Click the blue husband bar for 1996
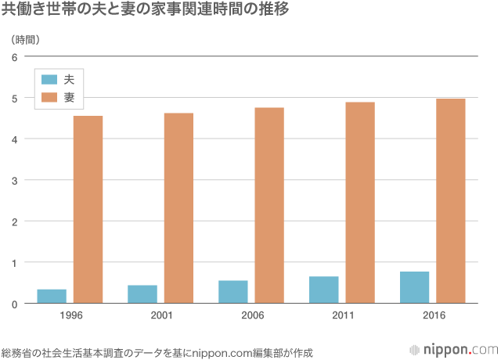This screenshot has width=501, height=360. pyautogui.click(x=52, y=296)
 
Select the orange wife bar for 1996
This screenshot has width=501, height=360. pyautogui.click(x=88, y=209)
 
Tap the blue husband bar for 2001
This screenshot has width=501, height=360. pyautogui.click(x=142, y=294)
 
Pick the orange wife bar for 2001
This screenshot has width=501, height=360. pyautogui.click(x=178, y=207)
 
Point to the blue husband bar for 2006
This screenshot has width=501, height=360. pyautogui.click(x=233, y=291)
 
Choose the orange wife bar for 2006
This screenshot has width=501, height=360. pyautogui.click(x=269, y=205)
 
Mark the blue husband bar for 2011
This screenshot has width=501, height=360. pyautogui.click(x=324, y=290)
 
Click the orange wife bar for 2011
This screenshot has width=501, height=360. pyautogui.click(x=360, y=202)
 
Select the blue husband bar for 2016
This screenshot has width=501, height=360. pyautogui.click(x=415, y=287)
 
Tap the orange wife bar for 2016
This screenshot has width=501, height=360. pyautogui.click(x=451, y=200)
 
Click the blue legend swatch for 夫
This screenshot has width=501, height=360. pyautogui.click(x=49, y=79)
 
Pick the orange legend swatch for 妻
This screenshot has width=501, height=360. pyautogui.click(x=49, y=97)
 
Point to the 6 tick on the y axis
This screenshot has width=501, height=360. pyautogui.click(x=14, y=57)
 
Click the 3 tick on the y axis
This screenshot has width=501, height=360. pyautogui.click(x=14, y=180)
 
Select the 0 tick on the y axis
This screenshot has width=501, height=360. pyautogui.click(x=14, y=303)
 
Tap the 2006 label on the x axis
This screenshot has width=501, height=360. pyautogui.click(x=251, y=315)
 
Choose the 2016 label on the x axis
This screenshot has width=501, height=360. pyautogui.click(x=433, y=315)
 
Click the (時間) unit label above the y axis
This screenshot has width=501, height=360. pyautogui.click(x=26, y=39)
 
